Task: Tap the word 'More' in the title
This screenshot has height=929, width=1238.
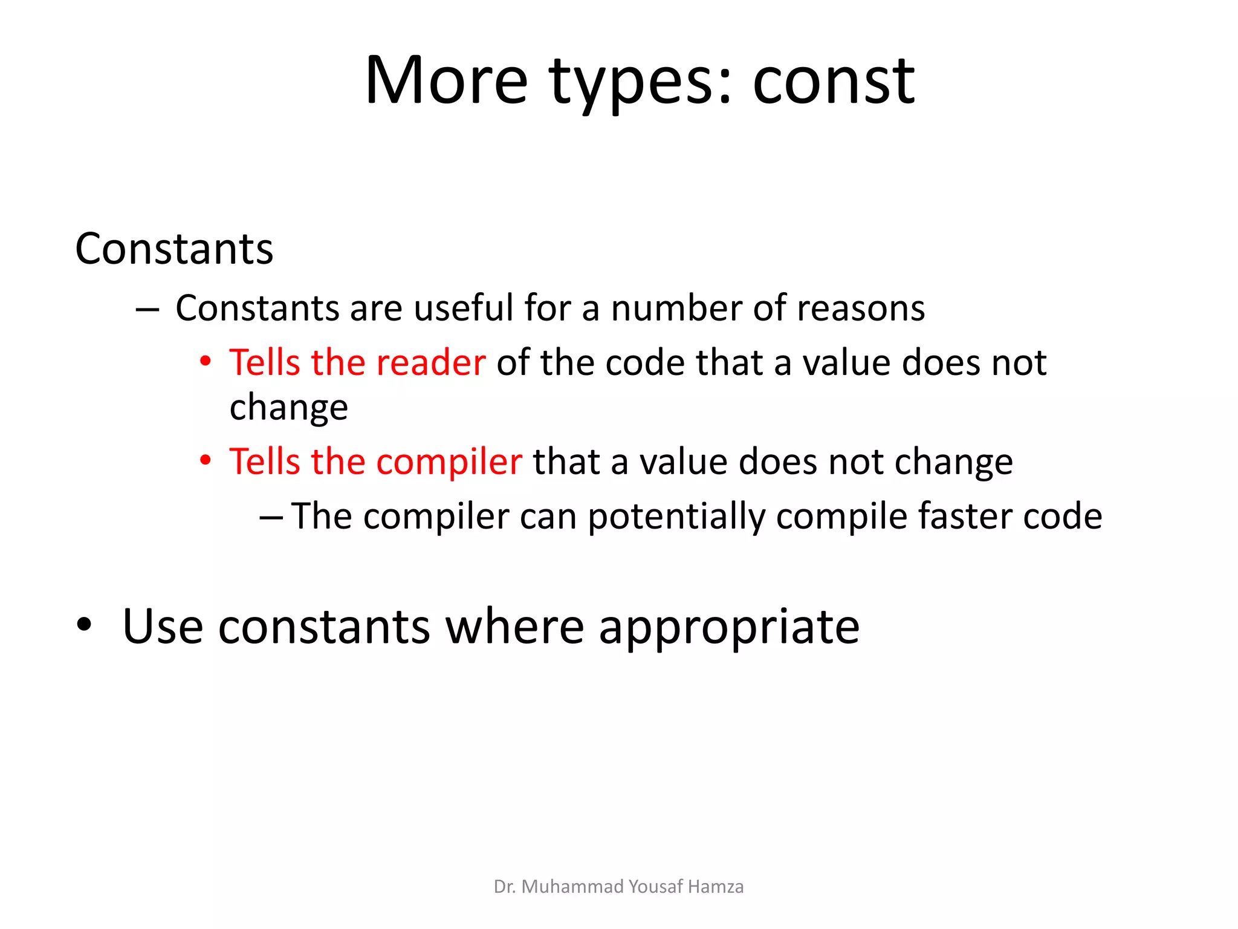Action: tap(447, 82)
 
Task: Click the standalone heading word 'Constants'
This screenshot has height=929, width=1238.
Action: tap(174, 249)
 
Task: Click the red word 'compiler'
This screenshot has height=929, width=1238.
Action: tap(449, 462)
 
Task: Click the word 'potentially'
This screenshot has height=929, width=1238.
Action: tap(676, 517)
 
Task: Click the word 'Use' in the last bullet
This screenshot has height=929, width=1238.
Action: tap(163, 627)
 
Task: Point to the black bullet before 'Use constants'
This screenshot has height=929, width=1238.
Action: tap(84, 625)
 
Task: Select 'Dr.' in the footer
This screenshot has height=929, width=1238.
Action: tap(504, 887)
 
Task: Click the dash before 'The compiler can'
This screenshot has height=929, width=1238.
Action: tap(271, 518)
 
